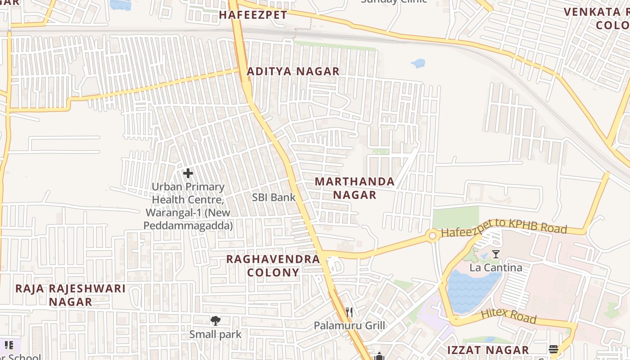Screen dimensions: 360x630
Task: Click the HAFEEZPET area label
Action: coord(253,15)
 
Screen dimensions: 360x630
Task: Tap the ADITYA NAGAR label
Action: coord(293,71)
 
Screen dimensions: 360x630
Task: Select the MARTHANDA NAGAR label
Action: coord(355,188)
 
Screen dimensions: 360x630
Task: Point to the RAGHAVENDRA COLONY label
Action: coord(273,265)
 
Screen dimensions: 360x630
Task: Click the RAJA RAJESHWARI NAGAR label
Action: coord(71,295)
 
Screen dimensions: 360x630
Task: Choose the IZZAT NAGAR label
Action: coord(488,350)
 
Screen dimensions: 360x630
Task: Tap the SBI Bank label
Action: coord(274,197)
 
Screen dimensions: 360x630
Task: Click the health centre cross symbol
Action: coord(188,173)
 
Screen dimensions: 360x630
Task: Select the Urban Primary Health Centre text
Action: coord(188,206)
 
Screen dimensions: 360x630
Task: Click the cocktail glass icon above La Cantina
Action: coord(495,254)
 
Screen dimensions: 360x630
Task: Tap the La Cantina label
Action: coord(496,268)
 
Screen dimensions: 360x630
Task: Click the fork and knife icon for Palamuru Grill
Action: coord(349,312)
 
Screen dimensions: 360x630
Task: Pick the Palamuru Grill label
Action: coord(349,325)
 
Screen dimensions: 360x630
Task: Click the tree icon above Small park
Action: coord(216,320)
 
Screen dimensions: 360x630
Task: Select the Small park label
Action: coord(216,334)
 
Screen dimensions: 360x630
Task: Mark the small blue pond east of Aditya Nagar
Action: coord(418,63)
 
